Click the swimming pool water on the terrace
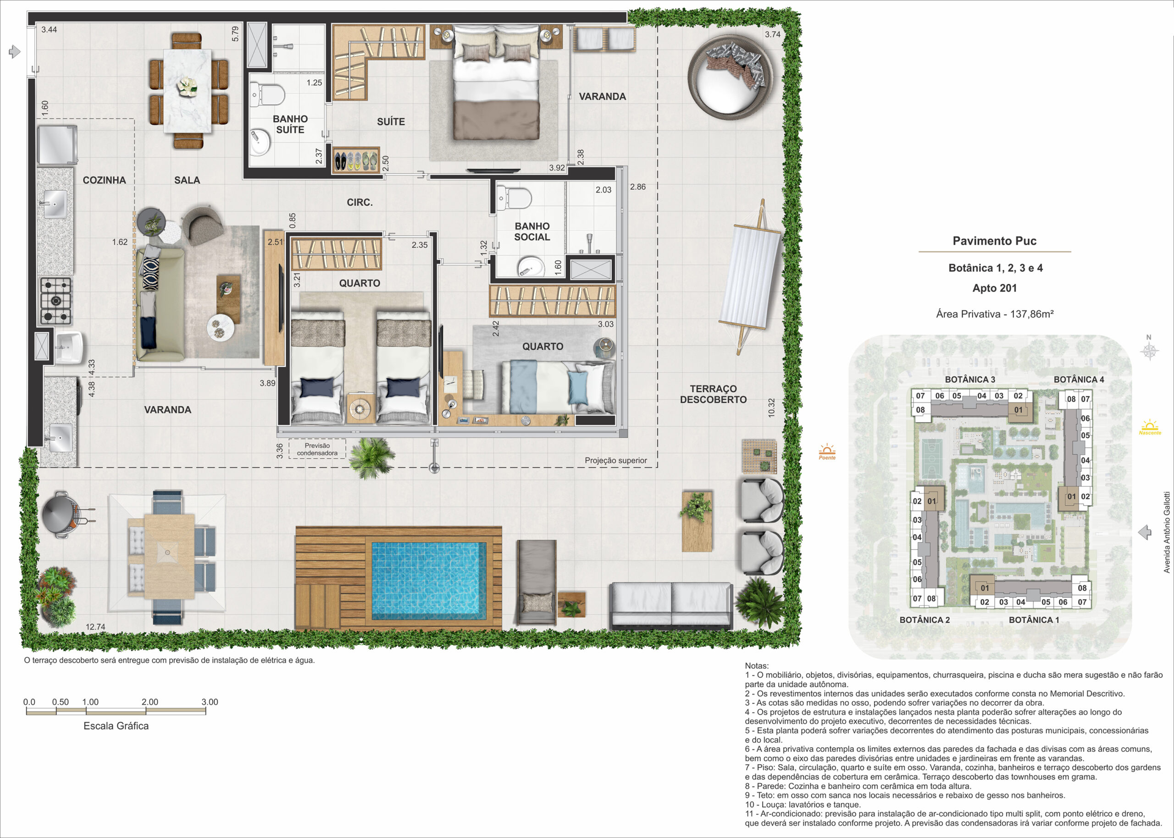tap(429, 580)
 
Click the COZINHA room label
tap(104, 180)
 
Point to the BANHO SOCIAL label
tap(532, 232)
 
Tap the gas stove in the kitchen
tap(56, 301)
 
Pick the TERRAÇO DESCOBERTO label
tap(713, 394)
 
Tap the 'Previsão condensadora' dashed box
tap(317, 449)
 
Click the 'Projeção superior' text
tap(615, 460)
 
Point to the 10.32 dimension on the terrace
tap(771, 408)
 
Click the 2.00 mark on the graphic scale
tap(150, 702)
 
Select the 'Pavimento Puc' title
tap(994, 241)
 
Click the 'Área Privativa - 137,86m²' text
tap(994, 314)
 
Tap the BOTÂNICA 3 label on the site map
tap(969, 379)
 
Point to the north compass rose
tap(1149, 351)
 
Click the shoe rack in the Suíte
tap(355, 160)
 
